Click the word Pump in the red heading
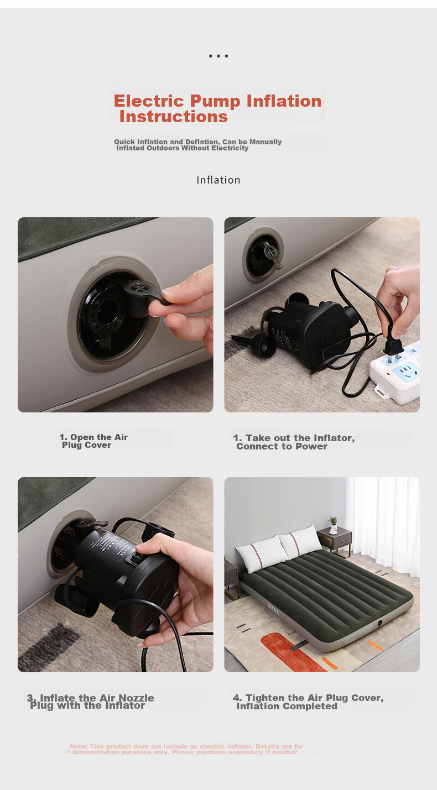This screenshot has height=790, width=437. (215, 102)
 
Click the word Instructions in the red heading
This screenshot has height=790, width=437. (173, 117)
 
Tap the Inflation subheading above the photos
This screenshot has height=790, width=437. (218, 180)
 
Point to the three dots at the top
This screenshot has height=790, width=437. (218, 56)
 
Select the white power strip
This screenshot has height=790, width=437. (396, 374)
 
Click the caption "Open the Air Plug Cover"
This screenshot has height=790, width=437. (93, 441)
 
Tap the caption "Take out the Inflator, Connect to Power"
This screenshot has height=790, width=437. (294, 442)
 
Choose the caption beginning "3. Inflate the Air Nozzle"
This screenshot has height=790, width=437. (90, 702)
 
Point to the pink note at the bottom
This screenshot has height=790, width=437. (186, 749)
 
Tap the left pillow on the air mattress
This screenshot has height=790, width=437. (262, 553)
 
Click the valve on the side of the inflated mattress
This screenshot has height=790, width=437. (380, 623)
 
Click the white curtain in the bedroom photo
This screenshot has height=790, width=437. (383, 526)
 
